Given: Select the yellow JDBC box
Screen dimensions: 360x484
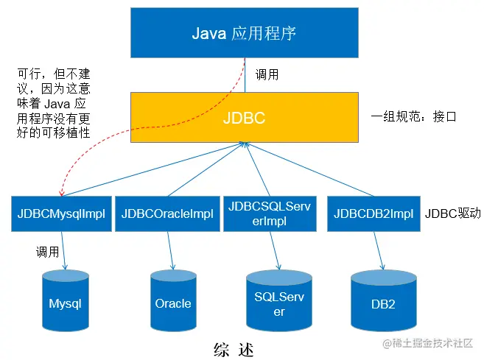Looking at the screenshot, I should point(244,118).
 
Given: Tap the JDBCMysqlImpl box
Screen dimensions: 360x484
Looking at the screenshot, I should point(61,213).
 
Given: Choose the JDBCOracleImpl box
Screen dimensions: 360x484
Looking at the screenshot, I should point(167,213).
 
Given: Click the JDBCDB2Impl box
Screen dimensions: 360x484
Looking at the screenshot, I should point(373,213).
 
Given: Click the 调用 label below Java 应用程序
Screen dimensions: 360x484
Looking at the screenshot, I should point(267,74).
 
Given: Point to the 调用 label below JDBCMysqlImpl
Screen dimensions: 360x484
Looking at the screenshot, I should point(47,252).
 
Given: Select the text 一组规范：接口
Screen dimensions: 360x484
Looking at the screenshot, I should point(415,116).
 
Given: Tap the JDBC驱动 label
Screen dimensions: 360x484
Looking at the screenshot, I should point(452,213).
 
